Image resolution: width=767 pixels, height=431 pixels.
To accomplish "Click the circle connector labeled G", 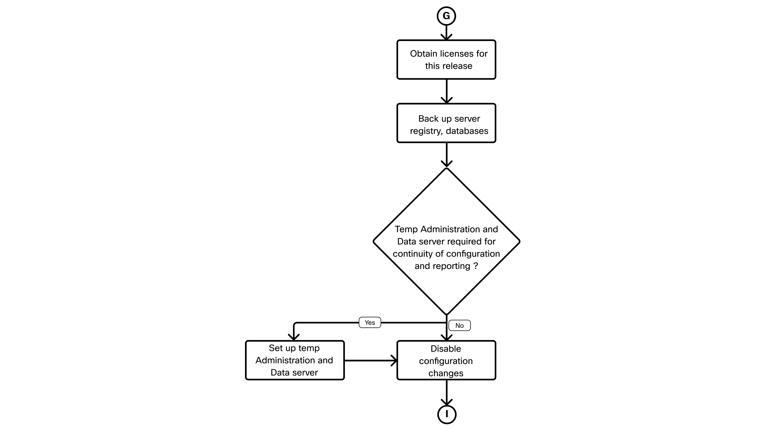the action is point(446,16).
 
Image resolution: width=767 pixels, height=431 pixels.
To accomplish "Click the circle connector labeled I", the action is point(447,414).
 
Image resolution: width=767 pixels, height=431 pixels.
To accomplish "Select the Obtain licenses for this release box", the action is point(446,60).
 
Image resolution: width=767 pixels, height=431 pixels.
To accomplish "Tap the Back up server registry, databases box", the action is point(446,123).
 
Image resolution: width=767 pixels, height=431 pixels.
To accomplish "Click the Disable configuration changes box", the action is point(446,360).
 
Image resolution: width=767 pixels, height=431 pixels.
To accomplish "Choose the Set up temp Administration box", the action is point(295,360).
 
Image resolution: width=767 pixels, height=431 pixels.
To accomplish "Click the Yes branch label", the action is point(370,322).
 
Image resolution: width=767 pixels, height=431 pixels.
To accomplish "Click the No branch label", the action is point(459,325).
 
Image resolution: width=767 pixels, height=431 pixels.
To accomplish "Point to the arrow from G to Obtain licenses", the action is point(446,33).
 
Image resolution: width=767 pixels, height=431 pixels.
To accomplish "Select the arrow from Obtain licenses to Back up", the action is point(446,91).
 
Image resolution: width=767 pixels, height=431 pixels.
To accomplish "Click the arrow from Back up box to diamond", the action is point(446,155).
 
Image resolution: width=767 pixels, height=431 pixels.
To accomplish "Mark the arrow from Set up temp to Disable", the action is point(371,360).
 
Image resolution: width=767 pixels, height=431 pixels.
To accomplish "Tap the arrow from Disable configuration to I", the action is point(446,393).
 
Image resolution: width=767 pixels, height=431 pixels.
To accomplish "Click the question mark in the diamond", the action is point(475,266).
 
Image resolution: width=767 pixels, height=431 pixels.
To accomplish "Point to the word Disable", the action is point(446,349).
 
